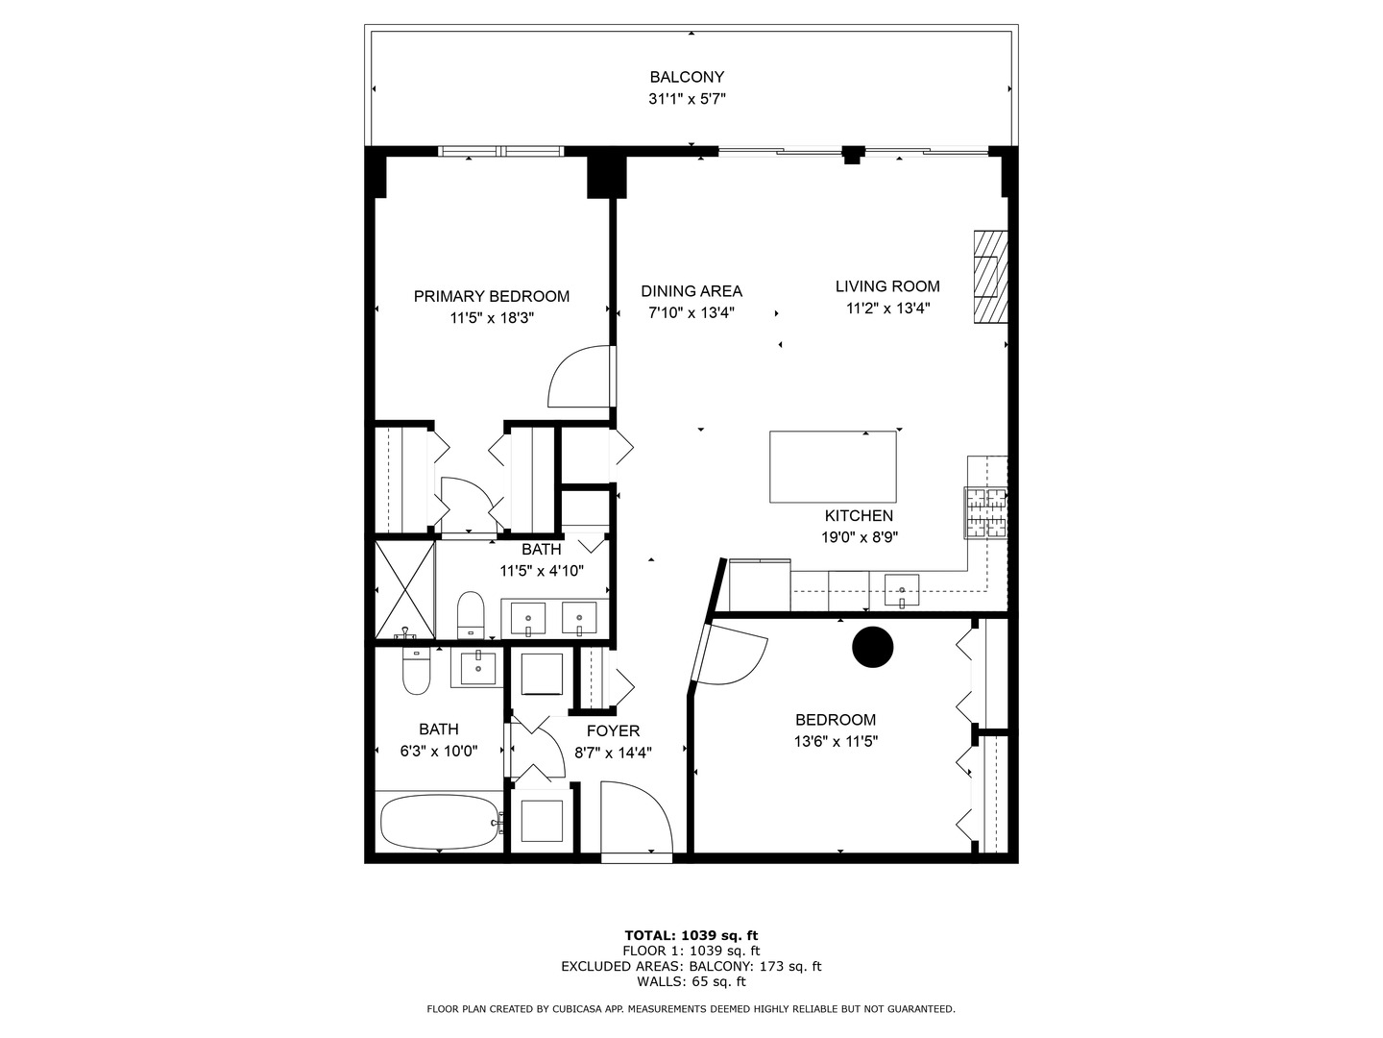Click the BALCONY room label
pos(687,77)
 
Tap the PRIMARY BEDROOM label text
pos(491,296)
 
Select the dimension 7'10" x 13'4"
pos(691,311)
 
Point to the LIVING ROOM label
pos(887,285)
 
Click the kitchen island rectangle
pos(833,466)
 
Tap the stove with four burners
pos(985,512)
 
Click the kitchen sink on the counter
pos(901,588)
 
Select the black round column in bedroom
pos(873,647)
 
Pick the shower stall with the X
pos(404,590)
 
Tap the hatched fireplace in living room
pos(990,278)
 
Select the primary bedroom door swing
pos(579,377)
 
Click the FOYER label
pos(613,731)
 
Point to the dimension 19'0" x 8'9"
pos(859,537)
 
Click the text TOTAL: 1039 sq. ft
pos(691,935)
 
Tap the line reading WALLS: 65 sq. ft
pos(691,981)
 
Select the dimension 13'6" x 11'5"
pos(836,741)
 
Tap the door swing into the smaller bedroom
pos(733,655)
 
